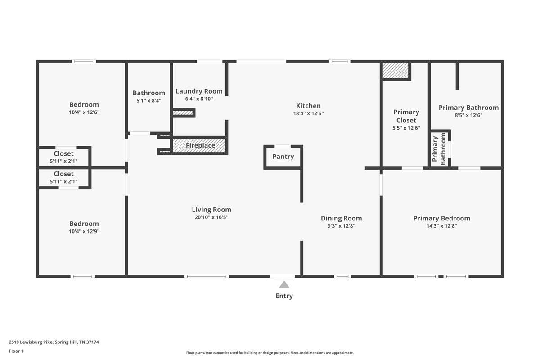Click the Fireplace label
click(x=200, y=145)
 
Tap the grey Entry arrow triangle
click(x=284, y=284)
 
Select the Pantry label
click(x=283, y=157)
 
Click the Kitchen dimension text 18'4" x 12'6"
click(x=308, y=113)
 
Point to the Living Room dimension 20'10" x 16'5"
click(x=211, y=217)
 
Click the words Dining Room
click(x=342, y=218)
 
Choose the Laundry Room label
click(x=199, y=91)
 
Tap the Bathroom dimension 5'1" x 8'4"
click(x=149, y=100)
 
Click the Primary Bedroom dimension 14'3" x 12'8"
click(x=441, y=226)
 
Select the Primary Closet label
click(x=406, y=116)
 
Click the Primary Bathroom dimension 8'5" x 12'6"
click(x=468, y=115)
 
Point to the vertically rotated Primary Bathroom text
click(x=439, y=149)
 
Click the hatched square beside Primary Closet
click(x=396, y=71)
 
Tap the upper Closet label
click(x=63, y=153)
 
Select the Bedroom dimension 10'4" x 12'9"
click(x=84, y=231)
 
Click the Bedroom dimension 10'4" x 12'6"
click(x=84, y=112)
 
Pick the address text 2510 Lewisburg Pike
click(x=31, y=342)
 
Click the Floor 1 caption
click(x=16, y=351)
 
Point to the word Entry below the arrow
click(x=284, y=296)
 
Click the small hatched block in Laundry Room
click(x=183, y=113)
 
